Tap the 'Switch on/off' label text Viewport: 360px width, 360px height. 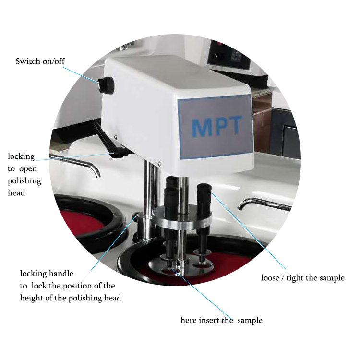[x=40, y=61]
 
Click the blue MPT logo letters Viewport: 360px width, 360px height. [x=217, y=126]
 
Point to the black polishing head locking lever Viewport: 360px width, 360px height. [x=109, y=141]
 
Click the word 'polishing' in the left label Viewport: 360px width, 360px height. [x=24, y=181]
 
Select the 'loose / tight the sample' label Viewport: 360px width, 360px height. [x=303, y=278]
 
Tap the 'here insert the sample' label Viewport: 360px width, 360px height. [x=221, y=320]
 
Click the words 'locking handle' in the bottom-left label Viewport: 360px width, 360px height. [x=47, y=274]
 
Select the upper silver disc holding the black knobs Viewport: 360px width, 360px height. [x=182, y=218]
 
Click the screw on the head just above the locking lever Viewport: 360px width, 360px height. [x=116, y=137]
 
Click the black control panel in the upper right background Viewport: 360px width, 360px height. [x=229, y=56]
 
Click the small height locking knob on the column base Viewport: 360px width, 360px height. [x=135, y=216]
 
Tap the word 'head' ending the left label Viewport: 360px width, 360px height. [x=16, y=193]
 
